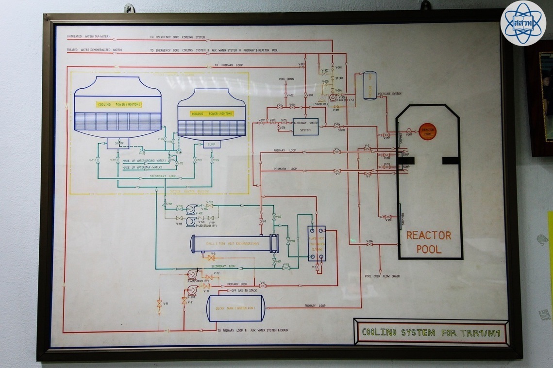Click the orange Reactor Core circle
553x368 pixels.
coord(428,131)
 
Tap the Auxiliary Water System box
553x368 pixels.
coord(305,127)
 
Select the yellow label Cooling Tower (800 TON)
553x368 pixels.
coord(117,104)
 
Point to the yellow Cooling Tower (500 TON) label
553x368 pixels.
coord(212,113)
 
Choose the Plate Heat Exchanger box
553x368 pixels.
coord(317,243)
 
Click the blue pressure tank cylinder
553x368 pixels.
coord(370,86)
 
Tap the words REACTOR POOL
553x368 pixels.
coord(429,242)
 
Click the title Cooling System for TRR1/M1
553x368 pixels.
coord(431,333)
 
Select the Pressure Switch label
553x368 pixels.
coord(390,94)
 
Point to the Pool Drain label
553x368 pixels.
coord(286,79)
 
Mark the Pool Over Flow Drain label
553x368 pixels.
coord(382,276)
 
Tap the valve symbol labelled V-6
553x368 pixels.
coord(262,286)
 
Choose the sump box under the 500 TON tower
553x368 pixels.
coord(211,144)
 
